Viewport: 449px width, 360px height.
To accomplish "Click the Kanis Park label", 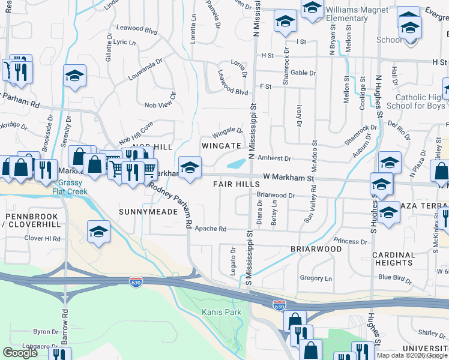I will point(221,312).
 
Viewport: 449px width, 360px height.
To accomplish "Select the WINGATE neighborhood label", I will point(221,146).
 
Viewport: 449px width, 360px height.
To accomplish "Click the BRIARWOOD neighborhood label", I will point(316,248).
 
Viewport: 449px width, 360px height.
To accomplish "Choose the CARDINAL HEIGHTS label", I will point(394,259).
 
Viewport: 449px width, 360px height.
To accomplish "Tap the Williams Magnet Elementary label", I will point(347,14).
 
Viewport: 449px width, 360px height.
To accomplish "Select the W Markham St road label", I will point(289,178).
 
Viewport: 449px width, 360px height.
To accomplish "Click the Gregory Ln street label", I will point(316,278).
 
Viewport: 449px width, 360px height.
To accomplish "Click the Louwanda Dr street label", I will point(145,70).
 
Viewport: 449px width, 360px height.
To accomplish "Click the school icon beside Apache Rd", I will point(98,232).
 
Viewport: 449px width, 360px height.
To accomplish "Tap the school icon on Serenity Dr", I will point(75,76).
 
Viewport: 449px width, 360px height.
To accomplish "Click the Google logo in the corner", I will point(20,353).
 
